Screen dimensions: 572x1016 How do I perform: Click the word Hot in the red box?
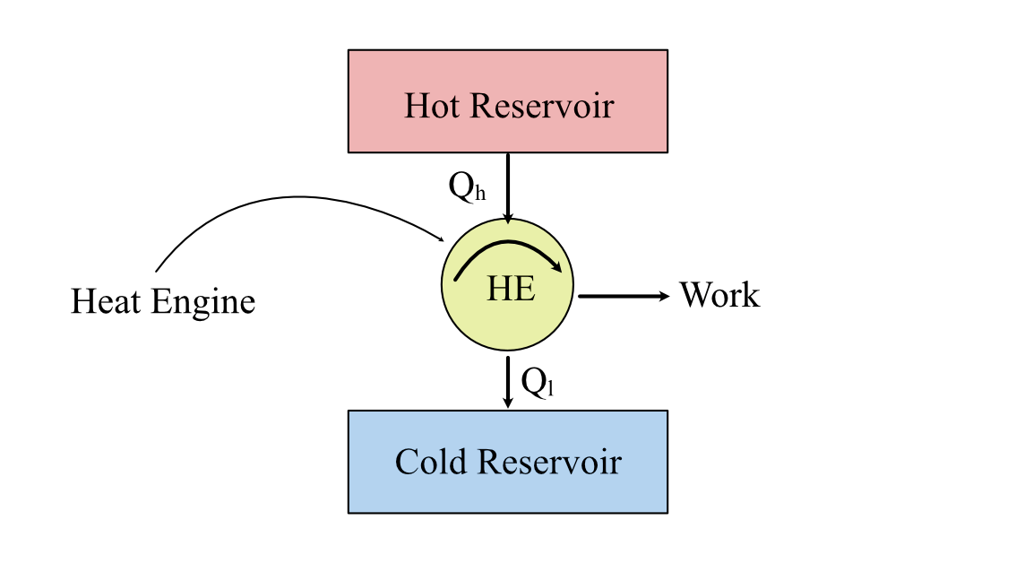click(x=433, y=106)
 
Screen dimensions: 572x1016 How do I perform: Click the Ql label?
click(x=538, y=383)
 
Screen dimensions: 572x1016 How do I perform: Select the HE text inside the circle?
click(x=511, y=289)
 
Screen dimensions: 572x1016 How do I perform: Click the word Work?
click(x=719, y=295)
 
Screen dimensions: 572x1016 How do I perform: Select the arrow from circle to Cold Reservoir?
click(x=508, y=381)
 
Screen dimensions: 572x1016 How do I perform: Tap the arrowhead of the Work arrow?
click(x=665, y=295)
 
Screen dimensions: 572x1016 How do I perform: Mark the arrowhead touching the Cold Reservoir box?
click(x=508, y=404)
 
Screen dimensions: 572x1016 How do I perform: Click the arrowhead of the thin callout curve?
click(x=442, y=238)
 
